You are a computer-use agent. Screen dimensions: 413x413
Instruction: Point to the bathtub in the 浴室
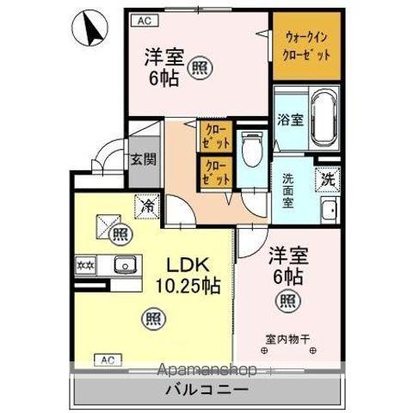click(x=324, y=119)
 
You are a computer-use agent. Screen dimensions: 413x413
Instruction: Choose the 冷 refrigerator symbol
click(x=147, y=206)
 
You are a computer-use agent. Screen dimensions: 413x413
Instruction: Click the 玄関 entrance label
click(x=143, y=158)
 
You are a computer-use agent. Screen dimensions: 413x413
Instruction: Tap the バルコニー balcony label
click(x=206, y=390)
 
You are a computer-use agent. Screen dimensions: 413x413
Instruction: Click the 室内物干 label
click(x=288, y=338)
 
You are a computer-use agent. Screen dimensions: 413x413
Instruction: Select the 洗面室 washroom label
click(x=288, y=190)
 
